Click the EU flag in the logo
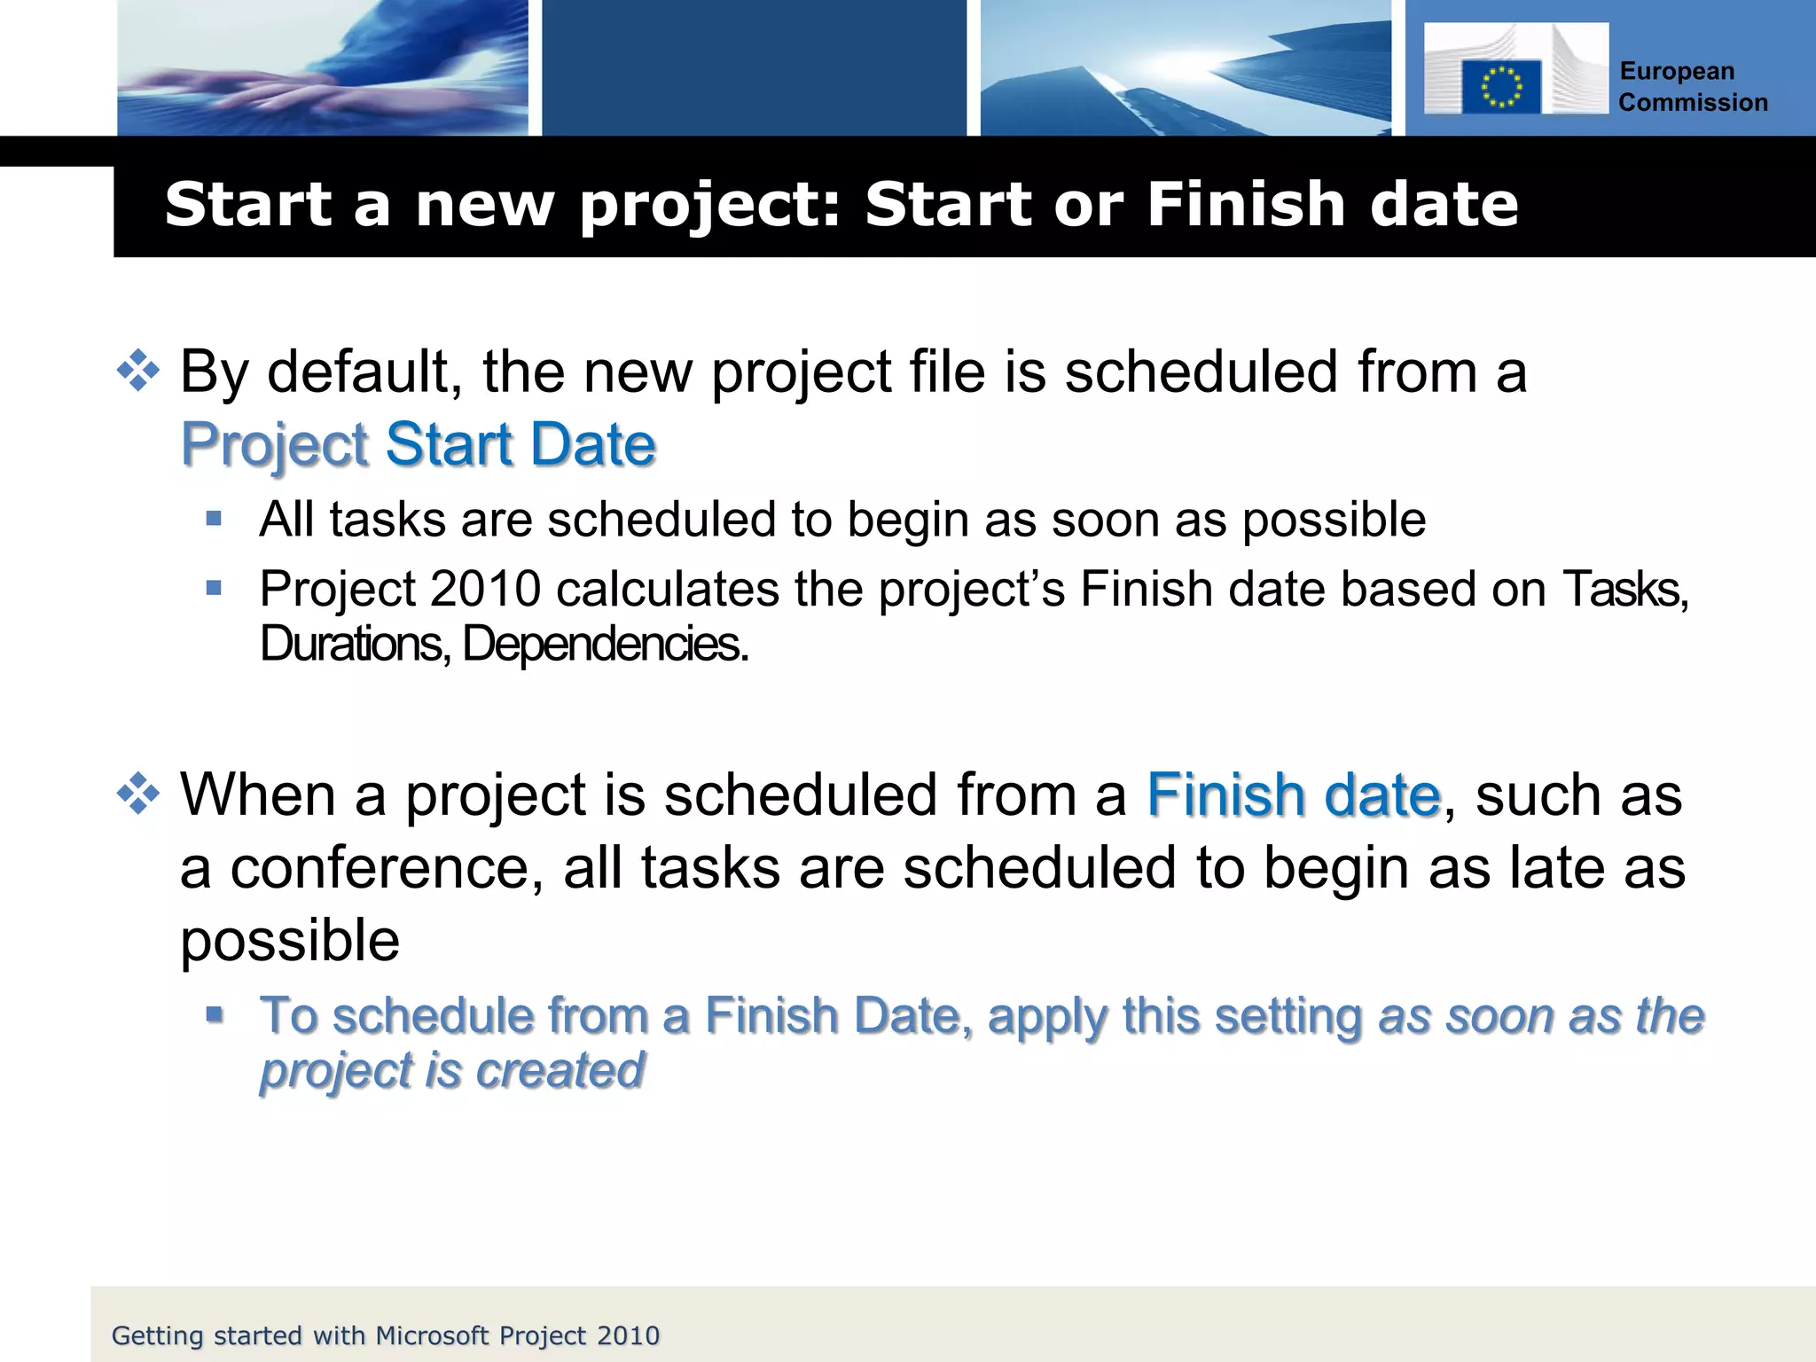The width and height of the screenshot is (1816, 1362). click(1501, 87)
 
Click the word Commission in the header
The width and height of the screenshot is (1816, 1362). click(1693, 103)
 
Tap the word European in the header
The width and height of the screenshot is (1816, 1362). click(1677, 71)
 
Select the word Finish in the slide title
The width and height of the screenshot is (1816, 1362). click(1247, 204)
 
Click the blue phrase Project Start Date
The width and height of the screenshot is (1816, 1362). click(419, 444)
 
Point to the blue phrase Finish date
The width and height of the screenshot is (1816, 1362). click(1294, 794)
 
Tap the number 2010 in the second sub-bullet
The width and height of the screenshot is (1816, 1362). click(485, 589)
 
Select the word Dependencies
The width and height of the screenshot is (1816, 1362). click(605, 644)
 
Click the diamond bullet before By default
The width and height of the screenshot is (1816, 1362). click(138, 371)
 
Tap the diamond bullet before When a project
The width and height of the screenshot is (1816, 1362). click(138, 794)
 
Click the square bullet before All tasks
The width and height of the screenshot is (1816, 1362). click(214, 519)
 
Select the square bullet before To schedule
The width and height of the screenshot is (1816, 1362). click(214, 1014)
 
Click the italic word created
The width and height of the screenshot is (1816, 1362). click(560, 1070)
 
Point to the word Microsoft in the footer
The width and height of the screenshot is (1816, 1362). click(433, 1335)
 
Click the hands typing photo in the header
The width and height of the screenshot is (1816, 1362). click(323, 68)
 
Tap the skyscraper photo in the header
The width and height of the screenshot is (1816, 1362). click(1185, 68)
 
